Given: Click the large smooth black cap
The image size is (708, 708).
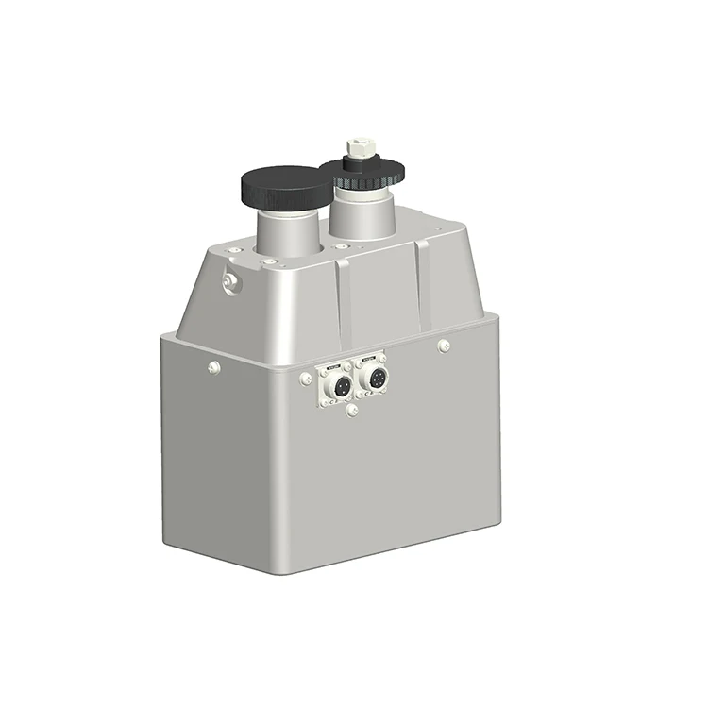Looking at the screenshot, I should pyautogui.click(x=286, y=186).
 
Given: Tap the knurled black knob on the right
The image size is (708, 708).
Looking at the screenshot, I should pyautogui.click(x=362, y=172).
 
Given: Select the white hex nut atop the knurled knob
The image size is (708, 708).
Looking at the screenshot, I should pyautogui.click(x=361, y=147).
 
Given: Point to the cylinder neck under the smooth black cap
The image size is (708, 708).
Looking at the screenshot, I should pyautogui.click(x=289, y=230).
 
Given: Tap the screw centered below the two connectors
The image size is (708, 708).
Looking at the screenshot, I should pyautogui.click(x=351, y=411).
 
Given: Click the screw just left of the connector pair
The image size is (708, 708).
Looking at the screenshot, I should pyautogui.click(x=306, y=379).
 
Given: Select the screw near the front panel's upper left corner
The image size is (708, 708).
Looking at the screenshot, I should pyautogui.click(x=214, y=367).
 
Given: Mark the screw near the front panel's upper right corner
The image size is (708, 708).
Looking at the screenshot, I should pyautogui.click(x=444, y=346).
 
